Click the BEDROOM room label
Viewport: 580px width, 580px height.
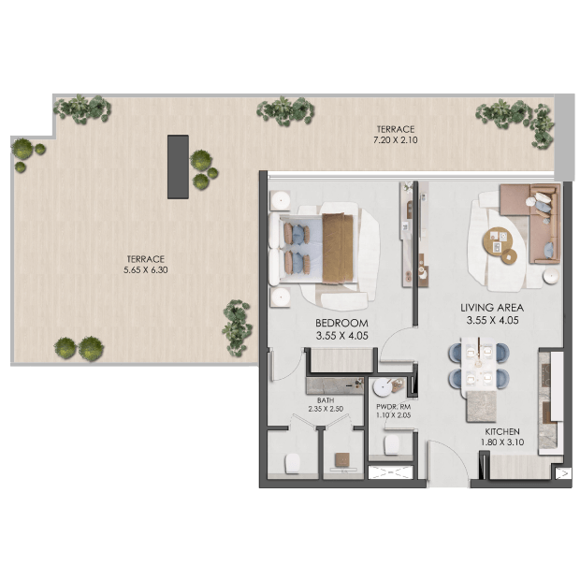[x=341, y=323]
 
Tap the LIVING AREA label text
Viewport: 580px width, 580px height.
[x=492, y=308]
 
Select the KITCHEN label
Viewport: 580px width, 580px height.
[x=502, y=431]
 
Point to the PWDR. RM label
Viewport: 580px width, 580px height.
[x=393, y=407]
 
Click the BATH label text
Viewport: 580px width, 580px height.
[x=326, y=400]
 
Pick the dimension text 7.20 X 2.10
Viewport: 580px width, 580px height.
[x=396, y=139]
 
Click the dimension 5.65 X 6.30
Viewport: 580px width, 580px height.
[x=146, y=269]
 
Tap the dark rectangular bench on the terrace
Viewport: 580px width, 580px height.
[x=178, y=167]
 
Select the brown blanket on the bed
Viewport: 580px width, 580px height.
[x=338, y=249]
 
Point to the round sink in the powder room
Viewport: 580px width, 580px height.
[x=382, y=387]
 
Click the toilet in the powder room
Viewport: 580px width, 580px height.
[x=392, y=444]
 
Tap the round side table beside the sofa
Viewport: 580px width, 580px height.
[x=551, y=276]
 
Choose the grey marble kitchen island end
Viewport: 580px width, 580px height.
[x=481, y=406]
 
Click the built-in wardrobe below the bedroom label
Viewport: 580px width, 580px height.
[x=341, y=360]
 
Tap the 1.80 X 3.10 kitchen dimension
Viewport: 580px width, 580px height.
[x=502, y=442]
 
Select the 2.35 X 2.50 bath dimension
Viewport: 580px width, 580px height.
[x=326, y=409]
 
